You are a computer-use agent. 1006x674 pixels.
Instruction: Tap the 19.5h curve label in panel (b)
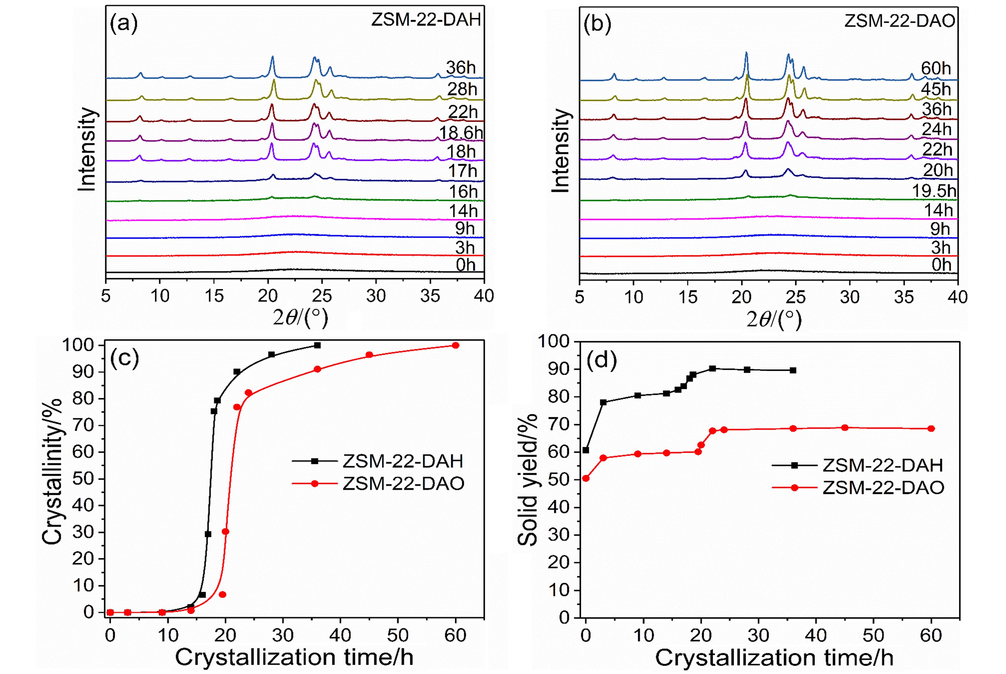point(934,191)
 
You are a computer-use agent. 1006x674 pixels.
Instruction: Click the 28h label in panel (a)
point(462,89)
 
